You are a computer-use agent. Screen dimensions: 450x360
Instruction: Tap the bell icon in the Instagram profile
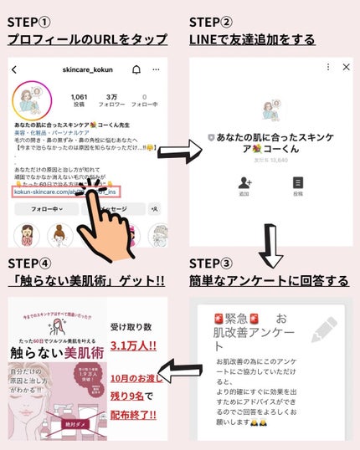pyautogui.click(x=136, y=69)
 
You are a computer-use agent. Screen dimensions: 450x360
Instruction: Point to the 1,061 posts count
pyautogui.click(x=80, y=100)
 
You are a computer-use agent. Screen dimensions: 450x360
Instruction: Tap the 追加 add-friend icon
pyautogui.click(x=244, y=182)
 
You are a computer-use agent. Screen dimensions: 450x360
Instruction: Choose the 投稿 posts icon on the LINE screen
pyautogui.click(x=298, y=182)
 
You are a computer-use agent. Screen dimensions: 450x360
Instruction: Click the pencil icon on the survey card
pyautogui.click(x=323, y=329)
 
